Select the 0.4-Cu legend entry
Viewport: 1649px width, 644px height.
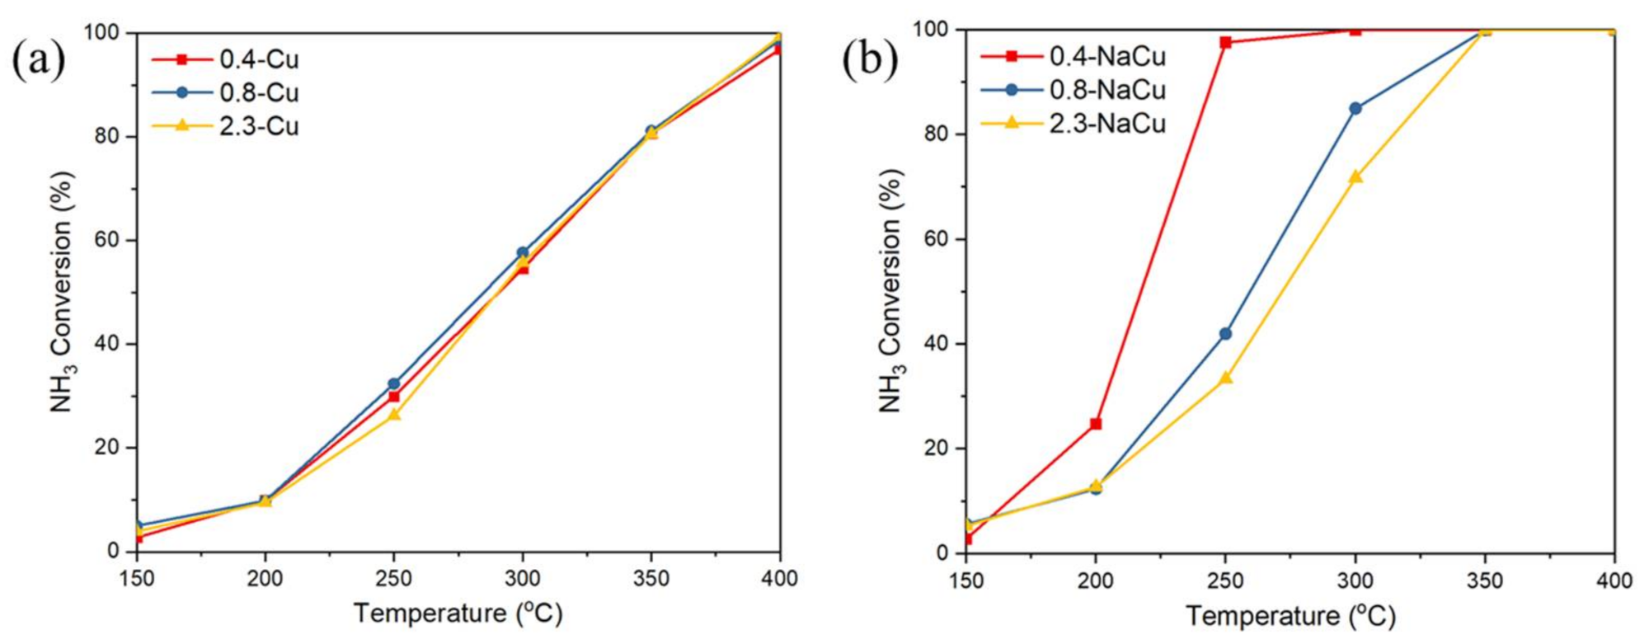tap(258, 59)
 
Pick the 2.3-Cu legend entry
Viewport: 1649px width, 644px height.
tap(258, 126)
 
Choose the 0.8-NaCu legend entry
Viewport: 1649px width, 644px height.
tap(1106, 89)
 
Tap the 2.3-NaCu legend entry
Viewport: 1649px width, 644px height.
tap(1106, 123)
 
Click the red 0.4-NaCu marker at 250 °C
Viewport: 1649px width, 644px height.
tap(1225, 42)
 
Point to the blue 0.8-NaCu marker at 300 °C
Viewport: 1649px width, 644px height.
tap(1355, 108)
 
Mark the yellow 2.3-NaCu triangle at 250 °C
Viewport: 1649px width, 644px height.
tap(1225, 377)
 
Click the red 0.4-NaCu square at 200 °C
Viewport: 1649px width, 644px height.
tap(1096, 424)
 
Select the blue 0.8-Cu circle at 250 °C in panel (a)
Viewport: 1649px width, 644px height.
tap(394, 383)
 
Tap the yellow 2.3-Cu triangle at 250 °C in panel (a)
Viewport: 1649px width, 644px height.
tap(394, 414)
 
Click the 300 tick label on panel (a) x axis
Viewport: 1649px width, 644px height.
tap(522, 579)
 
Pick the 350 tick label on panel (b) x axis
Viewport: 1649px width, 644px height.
tap(1484, 581)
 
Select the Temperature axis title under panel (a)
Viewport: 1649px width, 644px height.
tap(458, 613)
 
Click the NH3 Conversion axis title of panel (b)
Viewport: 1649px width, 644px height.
tap(891, 290)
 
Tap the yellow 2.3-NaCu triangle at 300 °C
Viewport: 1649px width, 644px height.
tap(1355, 176)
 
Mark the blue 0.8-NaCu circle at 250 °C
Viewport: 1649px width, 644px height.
tap(1225, 334)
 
